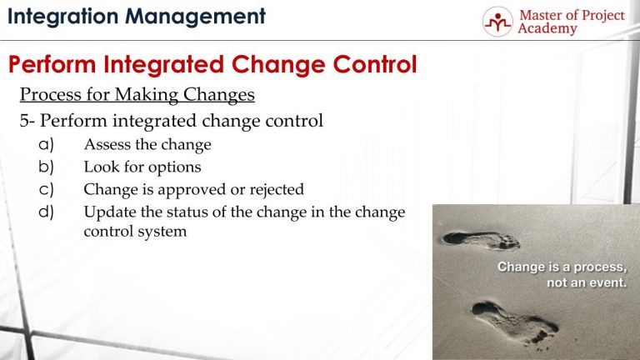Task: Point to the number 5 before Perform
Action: (24, 121)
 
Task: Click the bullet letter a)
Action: (47, 144)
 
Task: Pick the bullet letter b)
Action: (47, 167)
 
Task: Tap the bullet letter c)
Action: (47, 189)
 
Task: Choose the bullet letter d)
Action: (47, 212)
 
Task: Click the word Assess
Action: (106, 144)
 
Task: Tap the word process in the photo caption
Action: (600, 267)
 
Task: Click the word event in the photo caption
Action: (607, 282)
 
